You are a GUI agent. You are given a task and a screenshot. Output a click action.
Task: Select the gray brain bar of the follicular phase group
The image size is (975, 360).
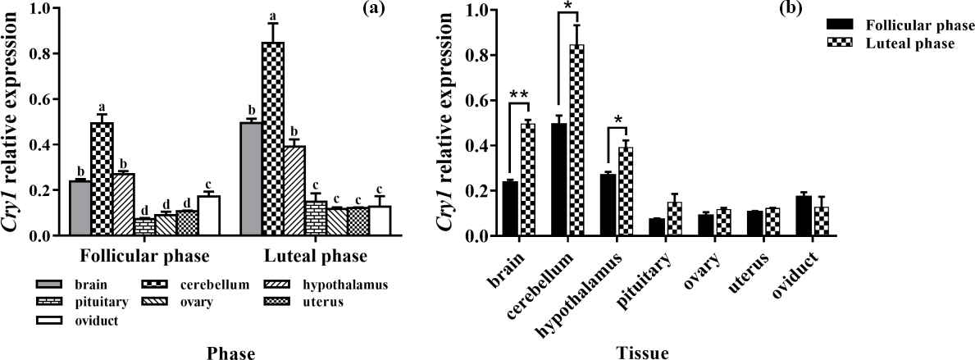coord(80,208)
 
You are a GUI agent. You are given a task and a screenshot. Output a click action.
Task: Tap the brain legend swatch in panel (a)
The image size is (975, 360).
coord(49,285)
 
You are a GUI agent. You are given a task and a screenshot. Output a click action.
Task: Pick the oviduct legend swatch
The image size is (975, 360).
coord(49,321)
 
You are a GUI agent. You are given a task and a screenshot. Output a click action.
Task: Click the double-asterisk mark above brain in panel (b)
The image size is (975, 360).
coord(517,96)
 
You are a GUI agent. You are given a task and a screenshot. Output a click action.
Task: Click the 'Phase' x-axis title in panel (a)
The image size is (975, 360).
coord(230,353)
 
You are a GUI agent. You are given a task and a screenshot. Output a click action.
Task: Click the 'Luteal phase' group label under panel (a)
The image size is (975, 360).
coord(314,256)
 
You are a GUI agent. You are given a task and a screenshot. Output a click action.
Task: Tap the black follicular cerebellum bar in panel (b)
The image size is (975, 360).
coord(560,180)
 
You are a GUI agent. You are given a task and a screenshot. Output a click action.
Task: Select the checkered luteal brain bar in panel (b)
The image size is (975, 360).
coord(528,180)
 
